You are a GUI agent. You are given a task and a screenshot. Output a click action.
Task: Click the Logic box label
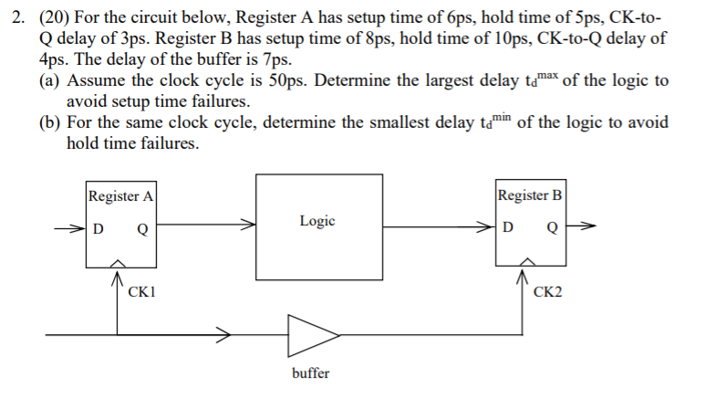coord(316,221)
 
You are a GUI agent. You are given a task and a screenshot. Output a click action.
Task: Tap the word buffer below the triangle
coord(310,373)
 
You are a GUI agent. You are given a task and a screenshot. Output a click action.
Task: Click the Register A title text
coord(120,195)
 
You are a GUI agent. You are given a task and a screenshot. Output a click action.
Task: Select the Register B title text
coord(529,195)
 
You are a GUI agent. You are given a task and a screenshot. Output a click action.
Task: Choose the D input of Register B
coord(508,226)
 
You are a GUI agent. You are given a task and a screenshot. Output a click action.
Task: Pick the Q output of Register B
coord(551,226)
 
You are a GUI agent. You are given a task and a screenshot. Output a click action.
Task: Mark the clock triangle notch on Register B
coord(525,264)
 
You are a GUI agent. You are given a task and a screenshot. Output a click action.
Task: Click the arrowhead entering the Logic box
coord(247,222)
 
